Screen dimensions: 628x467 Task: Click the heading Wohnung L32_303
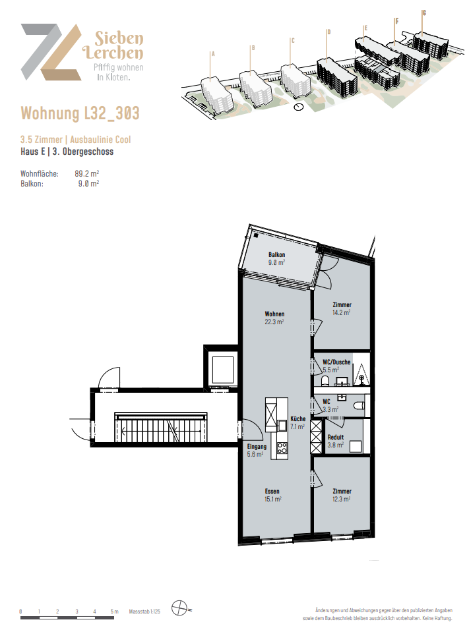[x=80, y=113]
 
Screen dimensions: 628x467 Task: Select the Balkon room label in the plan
[x=276, y=258]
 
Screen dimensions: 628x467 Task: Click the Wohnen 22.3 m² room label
[x=274, y=318]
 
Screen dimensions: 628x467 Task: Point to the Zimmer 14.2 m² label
[x=342, y=309]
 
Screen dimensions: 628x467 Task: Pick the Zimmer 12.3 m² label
[x=342, y=495]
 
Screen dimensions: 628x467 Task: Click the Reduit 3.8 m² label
[x=336, y=441]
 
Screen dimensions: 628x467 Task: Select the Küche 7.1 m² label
[x=297, y=422]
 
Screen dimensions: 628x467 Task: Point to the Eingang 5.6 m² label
[x=256, y=450]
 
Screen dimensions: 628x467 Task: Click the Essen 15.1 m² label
[x=273, y=495]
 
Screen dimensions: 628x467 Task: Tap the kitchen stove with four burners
[x=282, y=449]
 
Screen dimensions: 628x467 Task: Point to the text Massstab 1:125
[x=145, y=612]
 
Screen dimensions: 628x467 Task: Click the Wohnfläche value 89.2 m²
[x=87, y=174]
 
